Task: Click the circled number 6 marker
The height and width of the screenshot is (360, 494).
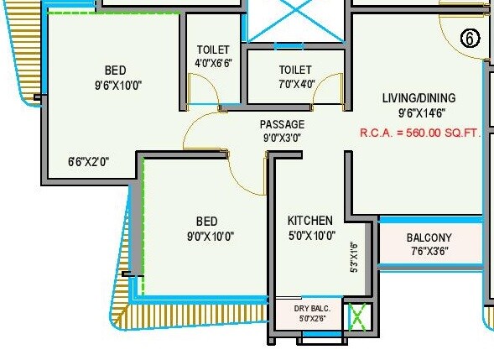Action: click(471, 39)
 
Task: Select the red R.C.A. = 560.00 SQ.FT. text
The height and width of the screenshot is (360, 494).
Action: click(420, 133)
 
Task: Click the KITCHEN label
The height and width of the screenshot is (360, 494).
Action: click(309, 221)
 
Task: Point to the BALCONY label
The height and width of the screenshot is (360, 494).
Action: click(429, 237)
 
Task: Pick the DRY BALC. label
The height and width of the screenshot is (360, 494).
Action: click(312, 309)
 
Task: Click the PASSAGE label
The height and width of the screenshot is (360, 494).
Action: click(281, 124)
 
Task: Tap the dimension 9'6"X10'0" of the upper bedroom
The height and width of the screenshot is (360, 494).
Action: click(117, 85)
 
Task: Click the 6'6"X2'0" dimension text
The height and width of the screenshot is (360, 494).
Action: click(89, 161)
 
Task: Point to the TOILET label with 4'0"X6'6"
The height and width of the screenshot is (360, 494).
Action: click(213, 50)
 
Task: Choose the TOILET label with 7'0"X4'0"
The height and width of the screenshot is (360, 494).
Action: click(294, 70)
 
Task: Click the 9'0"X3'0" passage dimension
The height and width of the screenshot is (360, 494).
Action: click(281, 138)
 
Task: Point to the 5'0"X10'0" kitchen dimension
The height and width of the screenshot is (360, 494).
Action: click(309, 236)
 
